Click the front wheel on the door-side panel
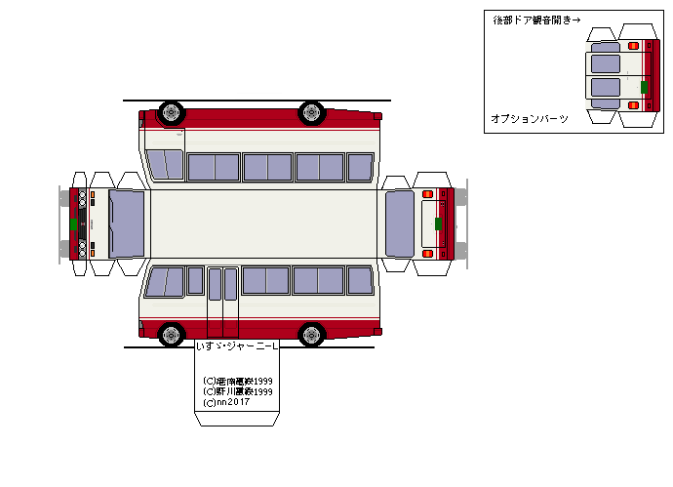[172, 335]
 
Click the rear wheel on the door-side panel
[312, 335]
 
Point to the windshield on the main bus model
[127, 223]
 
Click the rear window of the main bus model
[400, 223]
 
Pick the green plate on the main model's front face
[73, 223]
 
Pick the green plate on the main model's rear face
[438, 223]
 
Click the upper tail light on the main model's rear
[427, 194]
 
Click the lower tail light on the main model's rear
[427, 254]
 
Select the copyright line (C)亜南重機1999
[237, 382]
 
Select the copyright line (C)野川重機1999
[237, 391]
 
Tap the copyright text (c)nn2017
[226, 402]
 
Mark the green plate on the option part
[644, 87]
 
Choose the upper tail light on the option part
[633, 46]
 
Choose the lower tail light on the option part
[633, 103]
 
